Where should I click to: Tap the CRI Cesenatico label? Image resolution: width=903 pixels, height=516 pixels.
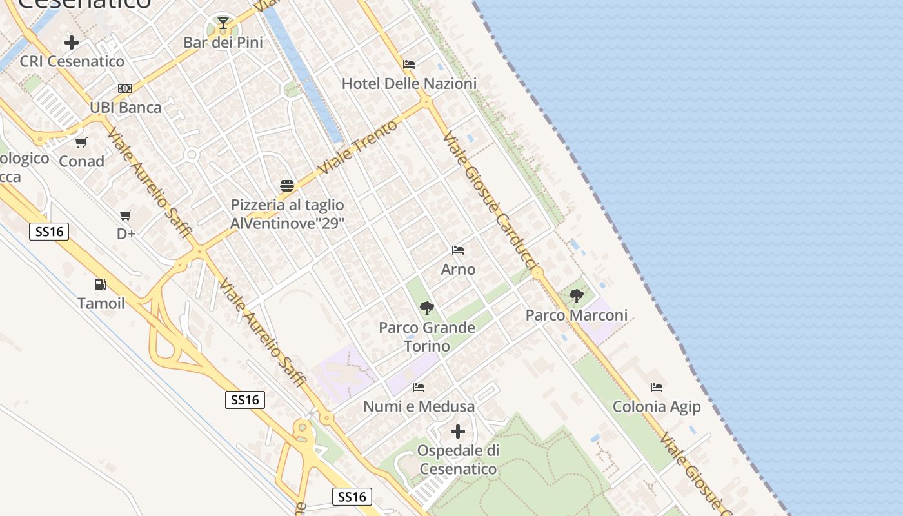72,61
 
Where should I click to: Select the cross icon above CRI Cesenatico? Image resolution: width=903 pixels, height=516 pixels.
72,43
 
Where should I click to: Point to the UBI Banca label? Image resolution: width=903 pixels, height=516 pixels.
126,107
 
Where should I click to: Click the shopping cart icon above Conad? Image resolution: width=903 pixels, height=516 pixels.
81,143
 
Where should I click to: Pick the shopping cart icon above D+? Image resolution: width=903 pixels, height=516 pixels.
126,215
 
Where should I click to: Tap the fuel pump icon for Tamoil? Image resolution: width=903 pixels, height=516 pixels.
101,284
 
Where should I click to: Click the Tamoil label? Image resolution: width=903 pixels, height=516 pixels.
101,303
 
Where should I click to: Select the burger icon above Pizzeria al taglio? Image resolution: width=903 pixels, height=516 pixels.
287,186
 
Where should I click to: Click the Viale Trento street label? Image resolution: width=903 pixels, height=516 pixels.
358,147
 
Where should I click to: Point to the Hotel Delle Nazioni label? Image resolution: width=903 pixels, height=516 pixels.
409,83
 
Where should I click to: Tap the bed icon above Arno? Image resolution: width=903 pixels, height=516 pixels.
458,250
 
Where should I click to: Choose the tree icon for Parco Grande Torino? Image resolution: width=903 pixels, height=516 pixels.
426,308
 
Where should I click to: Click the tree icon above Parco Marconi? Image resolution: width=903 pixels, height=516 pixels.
577,296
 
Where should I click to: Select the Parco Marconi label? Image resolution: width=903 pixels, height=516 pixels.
577,315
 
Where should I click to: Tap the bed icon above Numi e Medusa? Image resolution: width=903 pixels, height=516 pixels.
419,388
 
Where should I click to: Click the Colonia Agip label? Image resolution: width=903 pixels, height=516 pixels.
657,406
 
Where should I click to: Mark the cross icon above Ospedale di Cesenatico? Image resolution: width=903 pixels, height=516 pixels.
458,431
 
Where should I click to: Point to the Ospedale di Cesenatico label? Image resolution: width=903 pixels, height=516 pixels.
458,459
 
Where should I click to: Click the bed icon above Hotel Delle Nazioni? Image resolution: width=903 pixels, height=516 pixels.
409,64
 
